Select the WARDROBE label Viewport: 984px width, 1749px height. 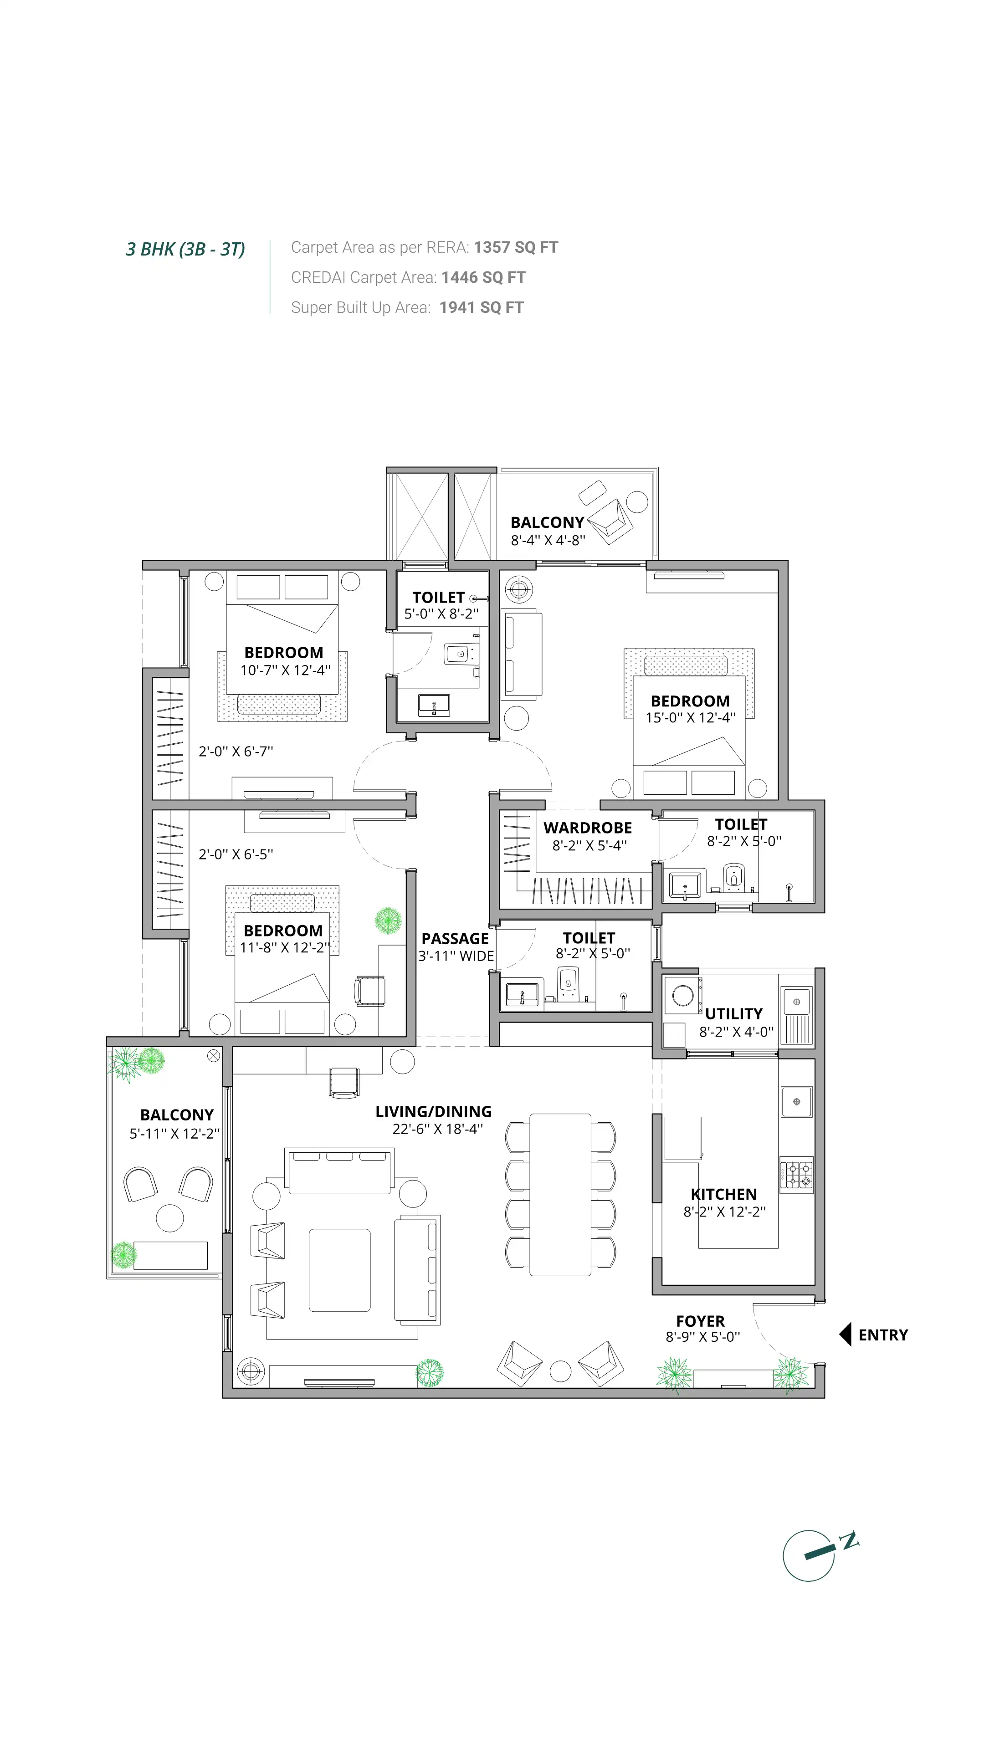point(587,828)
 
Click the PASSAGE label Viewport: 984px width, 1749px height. point(455,938)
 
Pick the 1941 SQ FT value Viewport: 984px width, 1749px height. point(482,307)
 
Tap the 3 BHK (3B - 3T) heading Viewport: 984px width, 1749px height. point(185,249)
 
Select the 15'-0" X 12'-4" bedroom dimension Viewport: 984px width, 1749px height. point(690,718)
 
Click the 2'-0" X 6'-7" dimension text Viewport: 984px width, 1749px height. point(236,752)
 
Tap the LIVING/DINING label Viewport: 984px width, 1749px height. point(433,1111)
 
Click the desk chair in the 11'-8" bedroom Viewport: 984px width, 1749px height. point(369,991)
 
